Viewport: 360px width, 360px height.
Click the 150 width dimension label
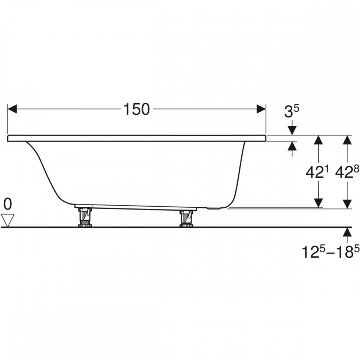point(136,109)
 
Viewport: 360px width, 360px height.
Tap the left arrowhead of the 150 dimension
point(12,109)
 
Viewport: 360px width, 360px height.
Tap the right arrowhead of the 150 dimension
point(261,109)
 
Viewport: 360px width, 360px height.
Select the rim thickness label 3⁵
point(292,111)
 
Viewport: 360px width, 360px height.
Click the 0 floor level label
point(8,204)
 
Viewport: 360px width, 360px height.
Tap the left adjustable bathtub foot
point(85,217)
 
